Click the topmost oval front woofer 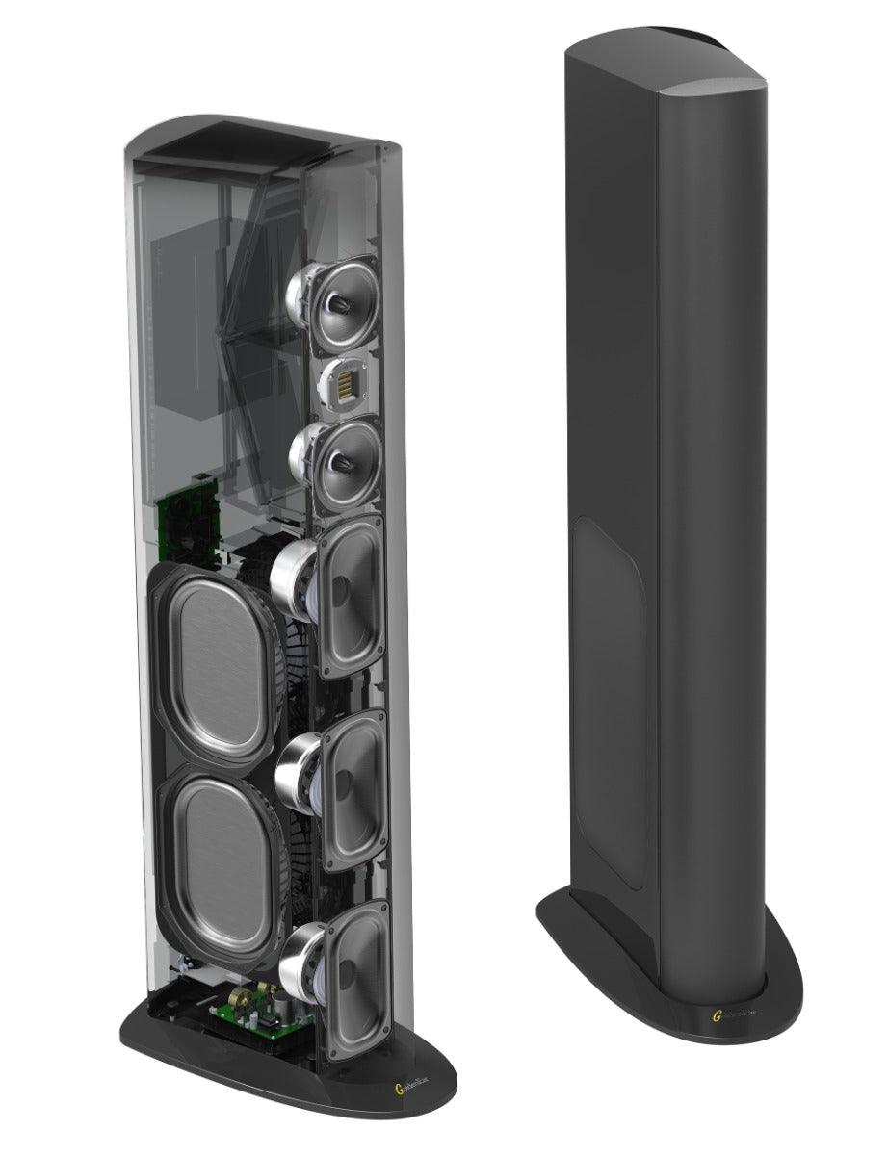(352, 598)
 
